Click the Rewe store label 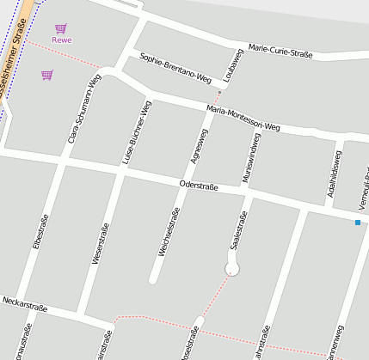click(61, 40)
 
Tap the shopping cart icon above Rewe click(60, 28)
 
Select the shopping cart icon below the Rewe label click(46, 75)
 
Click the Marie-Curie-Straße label click(280, 50)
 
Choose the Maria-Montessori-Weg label click(243, 118)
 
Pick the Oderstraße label click(199, 186)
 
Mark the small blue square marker click(357, 223)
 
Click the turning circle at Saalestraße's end click(231, 270)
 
